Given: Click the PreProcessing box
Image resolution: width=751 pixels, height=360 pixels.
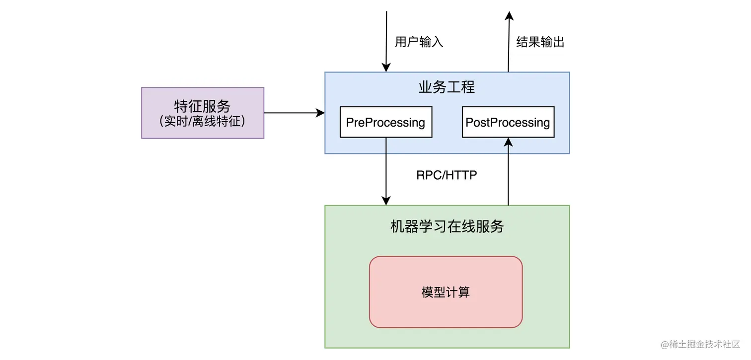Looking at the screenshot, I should click(x=385, y=122).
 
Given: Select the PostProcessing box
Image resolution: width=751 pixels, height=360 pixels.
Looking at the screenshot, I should click(x=508, y=122).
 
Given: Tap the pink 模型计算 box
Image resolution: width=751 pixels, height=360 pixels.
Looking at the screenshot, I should click(x=446, y=292).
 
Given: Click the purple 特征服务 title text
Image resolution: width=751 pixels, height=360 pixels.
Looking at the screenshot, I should click(x=202, y=106).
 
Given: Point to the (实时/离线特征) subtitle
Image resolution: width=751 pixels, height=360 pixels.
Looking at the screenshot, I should click(x=202, y=121).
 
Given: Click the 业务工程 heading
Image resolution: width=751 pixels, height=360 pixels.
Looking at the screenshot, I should click(x=447, y=87).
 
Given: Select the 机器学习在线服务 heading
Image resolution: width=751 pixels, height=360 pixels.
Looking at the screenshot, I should click(x=447, y=226).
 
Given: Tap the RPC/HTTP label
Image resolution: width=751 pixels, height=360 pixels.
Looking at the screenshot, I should click(x=447, y=175).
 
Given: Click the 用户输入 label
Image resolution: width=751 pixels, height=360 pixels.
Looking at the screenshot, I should click(x=419, y=42).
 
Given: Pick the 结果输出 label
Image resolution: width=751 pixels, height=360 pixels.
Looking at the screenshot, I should click(x=540, y=42).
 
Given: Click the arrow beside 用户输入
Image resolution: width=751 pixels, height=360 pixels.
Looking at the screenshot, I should click(x=386, y=40).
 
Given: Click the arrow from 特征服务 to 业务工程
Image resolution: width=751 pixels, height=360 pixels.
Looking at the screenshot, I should click(x=293, y=113).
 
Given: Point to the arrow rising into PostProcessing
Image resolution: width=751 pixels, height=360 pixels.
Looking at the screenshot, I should click(x=508, y=174).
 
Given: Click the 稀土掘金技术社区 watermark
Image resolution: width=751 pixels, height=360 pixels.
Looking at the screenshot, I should click(x=700, y=344).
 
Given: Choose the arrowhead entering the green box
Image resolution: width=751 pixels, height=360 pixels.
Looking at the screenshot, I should click(x=386, y=200).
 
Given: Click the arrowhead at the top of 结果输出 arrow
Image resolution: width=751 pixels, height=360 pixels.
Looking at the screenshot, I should click(x=509, y=16).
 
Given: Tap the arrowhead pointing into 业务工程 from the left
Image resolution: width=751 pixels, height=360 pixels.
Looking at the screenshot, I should click(x=320, y=113).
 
